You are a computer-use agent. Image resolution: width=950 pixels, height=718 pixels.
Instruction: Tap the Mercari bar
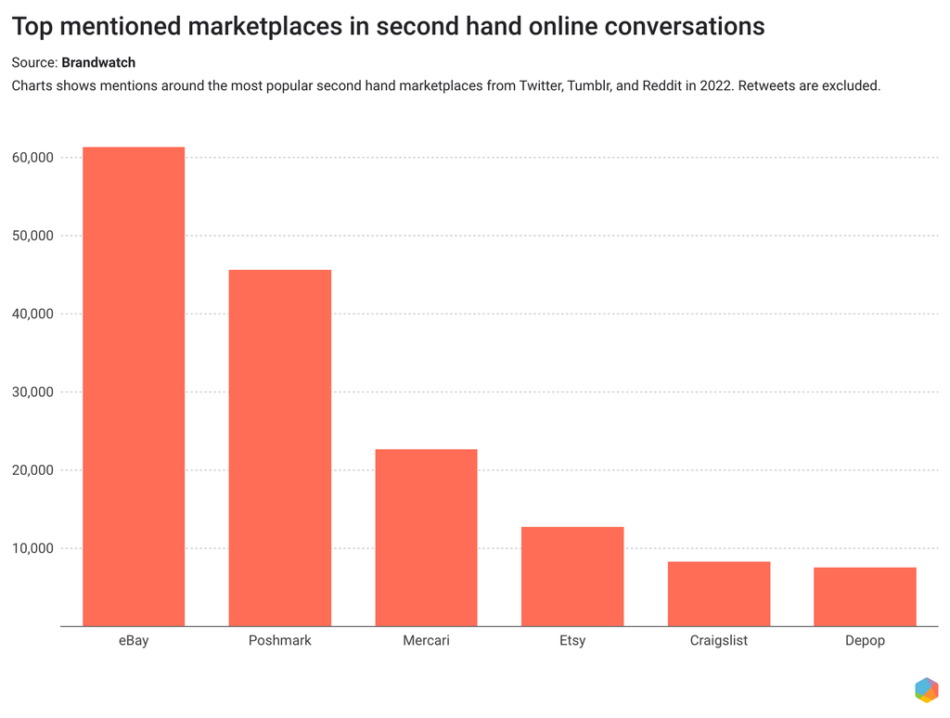pyautogui.click(x=426, y=537)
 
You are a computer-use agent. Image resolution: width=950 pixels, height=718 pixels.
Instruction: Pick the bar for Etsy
pyautogui.click(x=572, y=576)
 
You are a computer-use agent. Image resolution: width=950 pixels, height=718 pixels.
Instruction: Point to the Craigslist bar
pyautogui.click(x=719, y=594)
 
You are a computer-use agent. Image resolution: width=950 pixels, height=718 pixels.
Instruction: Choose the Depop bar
pyautogui.click(x=865, y=596)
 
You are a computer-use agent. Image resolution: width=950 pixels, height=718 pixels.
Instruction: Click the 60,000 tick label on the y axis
pyautogui.click(x=32, y=158)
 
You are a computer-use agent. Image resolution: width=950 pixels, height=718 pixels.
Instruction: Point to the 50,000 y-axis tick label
pyautogui.click(x=32, y=236)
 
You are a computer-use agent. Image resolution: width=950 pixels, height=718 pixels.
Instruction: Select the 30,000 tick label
pyautogui.click(x=32, y=392)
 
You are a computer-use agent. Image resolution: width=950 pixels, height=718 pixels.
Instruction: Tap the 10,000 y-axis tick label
pyautogui.click(x=32, y=548)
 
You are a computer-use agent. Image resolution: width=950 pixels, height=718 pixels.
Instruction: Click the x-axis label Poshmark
pyautogui.click(x=280, y=641)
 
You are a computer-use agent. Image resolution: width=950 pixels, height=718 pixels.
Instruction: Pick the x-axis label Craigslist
pyautogui.click(x=719, y=641)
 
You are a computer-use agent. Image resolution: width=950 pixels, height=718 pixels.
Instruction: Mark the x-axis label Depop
pyautogui.click(x=865, y=641)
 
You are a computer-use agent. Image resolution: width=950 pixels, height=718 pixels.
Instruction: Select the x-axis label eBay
pyautogui.click(x=134, y=641)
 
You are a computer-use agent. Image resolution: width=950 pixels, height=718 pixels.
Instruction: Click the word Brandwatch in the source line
pyautogui.click(x=98, y=63)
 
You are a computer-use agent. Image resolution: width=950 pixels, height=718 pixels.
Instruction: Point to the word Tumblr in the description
pyautogui.click(x=588, y=86)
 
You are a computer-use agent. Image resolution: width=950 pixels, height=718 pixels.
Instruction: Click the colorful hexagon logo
pyautogui.click(x=925, y=689)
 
